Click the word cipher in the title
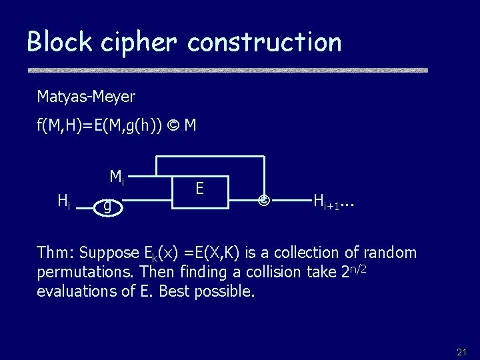click(141, 42)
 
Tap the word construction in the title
click(265, 42)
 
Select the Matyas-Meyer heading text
click(86, 97)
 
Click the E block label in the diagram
click(199, 189)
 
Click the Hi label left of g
click(65, 199)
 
